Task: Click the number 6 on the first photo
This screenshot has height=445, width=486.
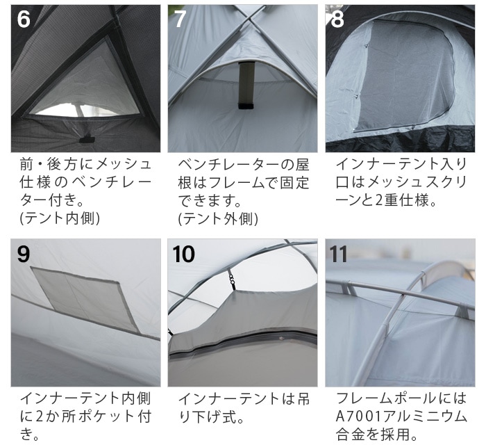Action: [24, 19]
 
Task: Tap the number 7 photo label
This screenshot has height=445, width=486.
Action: [180, 19]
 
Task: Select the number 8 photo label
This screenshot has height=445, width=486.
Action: [337, 19]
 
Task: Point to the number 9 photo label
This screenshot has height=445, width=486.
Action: [24, 254]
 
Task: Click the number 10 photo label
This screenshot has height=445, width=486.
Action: [184, 254]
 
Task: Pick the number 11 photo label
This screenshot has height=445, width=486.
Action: [338, 254]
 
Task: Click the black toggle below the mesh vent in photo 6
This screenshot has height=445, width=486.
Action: [85, 139]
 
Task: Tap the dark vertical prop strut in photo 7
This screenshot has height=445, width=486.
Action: [246, 86]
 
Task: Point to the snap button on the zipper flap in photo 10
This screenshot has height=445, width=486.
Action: [281, 339]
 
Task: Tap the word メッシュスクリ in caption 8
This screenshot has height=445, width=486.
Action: [417, 182]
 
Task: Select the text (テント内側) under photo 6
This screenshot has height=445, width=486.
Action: [60, 218]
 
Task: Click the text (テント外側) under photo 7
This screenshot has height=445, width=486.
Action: [218, 218]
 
